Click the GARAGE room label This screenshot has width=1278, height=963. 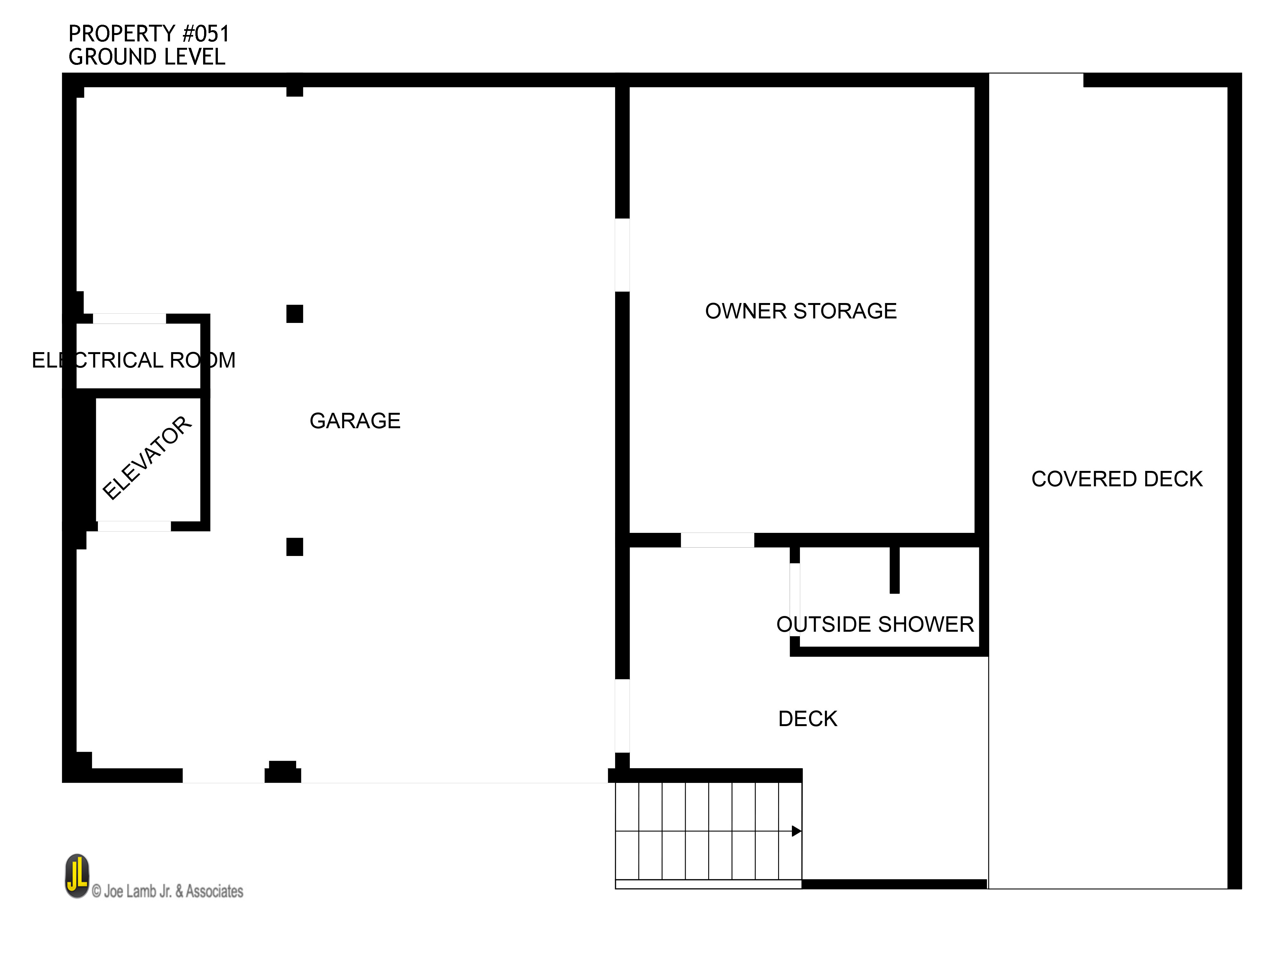coord(355,421)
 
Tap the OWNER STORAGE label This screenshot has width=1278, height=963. coord(801,311)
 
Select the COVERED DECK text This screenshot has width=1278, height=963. coord(1117,479)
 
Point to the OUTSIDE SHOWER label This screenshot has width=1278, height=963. coord(875,624)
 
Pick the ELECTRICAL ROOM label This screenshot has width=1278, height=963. coord(133,360)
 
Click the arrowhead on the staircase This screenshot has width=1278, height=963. coord(796,831)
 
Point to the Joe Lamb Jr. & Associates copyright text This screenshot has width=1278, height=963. coord(167,891)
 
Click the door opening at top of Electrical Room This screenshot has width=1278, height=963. coord(129,318)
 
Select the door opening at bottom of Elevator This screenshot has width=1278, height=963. coord(134,526)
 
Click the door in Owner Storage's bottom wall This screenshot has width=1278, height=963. coord(717,540)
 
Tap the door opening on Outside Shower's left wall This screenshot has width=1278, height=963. coord(795,599)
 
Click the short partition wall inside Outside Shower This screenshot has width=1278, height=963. coord(894,569)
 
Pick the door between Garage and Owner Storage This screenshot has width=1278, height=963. coord(622,255)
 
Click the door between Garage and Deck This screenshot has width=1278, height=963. coord(622,716)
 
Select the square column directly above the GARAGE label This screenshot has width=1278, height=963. coord(295,314)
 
